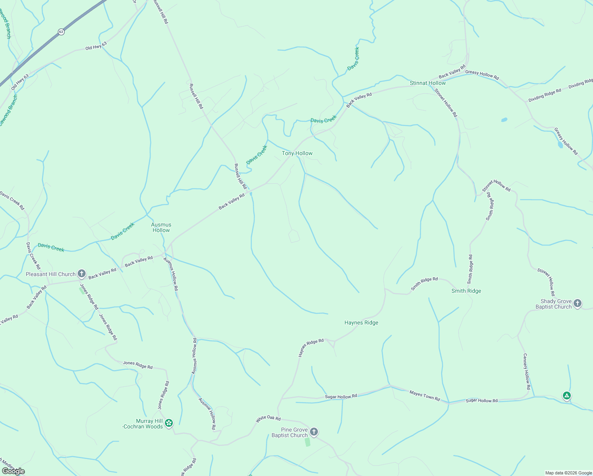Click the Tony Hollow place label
click(297, 154)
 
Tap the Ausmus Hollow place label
click(161, 227)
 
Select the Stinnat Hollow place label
click(428, 83)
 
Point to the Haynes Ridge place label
click(361, 323)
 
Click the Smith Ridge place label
click(466, 291)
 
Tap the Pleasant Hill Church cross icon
click(82, 274)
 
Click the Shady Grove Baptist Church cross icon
click(578, 303)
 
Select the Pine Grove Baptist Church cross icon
click(314, 432)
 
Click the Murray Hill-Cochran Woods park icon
click(169, 423)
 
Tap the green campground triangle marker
click(567, 395)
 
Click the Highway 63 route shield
click(61, 32)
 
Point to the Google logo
click(13, 471)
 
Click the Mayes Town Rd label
click(425, 396)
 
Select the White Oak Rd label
click(268, 419)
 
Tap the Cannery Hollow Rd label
click(526, 371)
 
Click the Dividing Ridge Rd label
click(545, 95)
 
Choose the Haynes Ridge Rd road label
click(311, 347)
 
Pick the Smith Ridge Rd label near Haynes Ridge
click(424, 284)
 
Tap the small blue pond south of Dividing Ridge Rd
click(504, 119)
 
